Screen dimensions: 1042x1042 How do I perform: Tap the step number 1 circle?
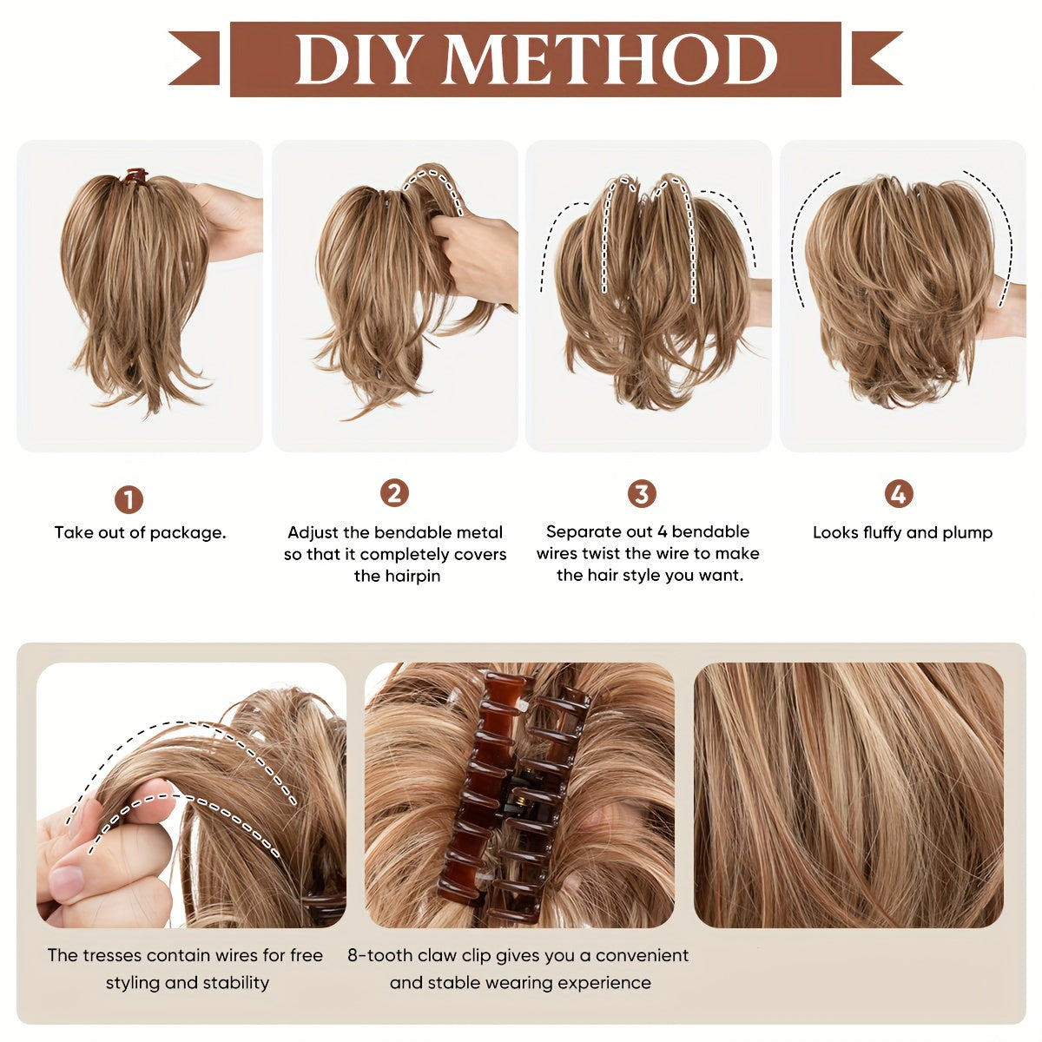(x=129, y=499)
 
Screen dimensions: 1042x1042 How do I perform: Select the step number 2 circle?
(x=394, y=493)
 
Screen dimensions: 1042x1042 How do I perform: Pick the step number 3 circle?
(x=642, y=494)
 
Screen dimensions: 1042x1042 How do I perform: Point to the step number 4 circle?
(x=899, y=494)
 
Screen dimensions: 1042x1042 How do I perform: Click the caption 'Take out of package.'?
(x=140, y=532)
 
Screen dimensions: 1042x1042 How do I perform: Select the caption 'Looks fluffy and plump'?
(x=902, y=532)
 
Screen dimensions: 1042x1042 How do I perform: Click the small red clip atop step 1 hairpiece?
(x=134, y=176)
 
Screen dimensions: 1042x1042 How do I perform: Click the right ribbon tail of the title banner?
(x=874, y=58)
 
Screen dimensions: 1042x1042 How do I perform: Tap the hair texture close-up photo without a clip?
(x=848, y=795)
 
